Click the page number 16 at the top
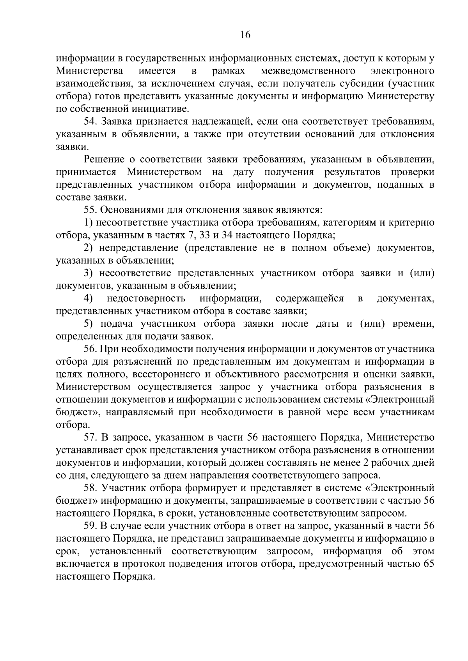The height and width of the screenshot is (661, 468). [x=245, y=35]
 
